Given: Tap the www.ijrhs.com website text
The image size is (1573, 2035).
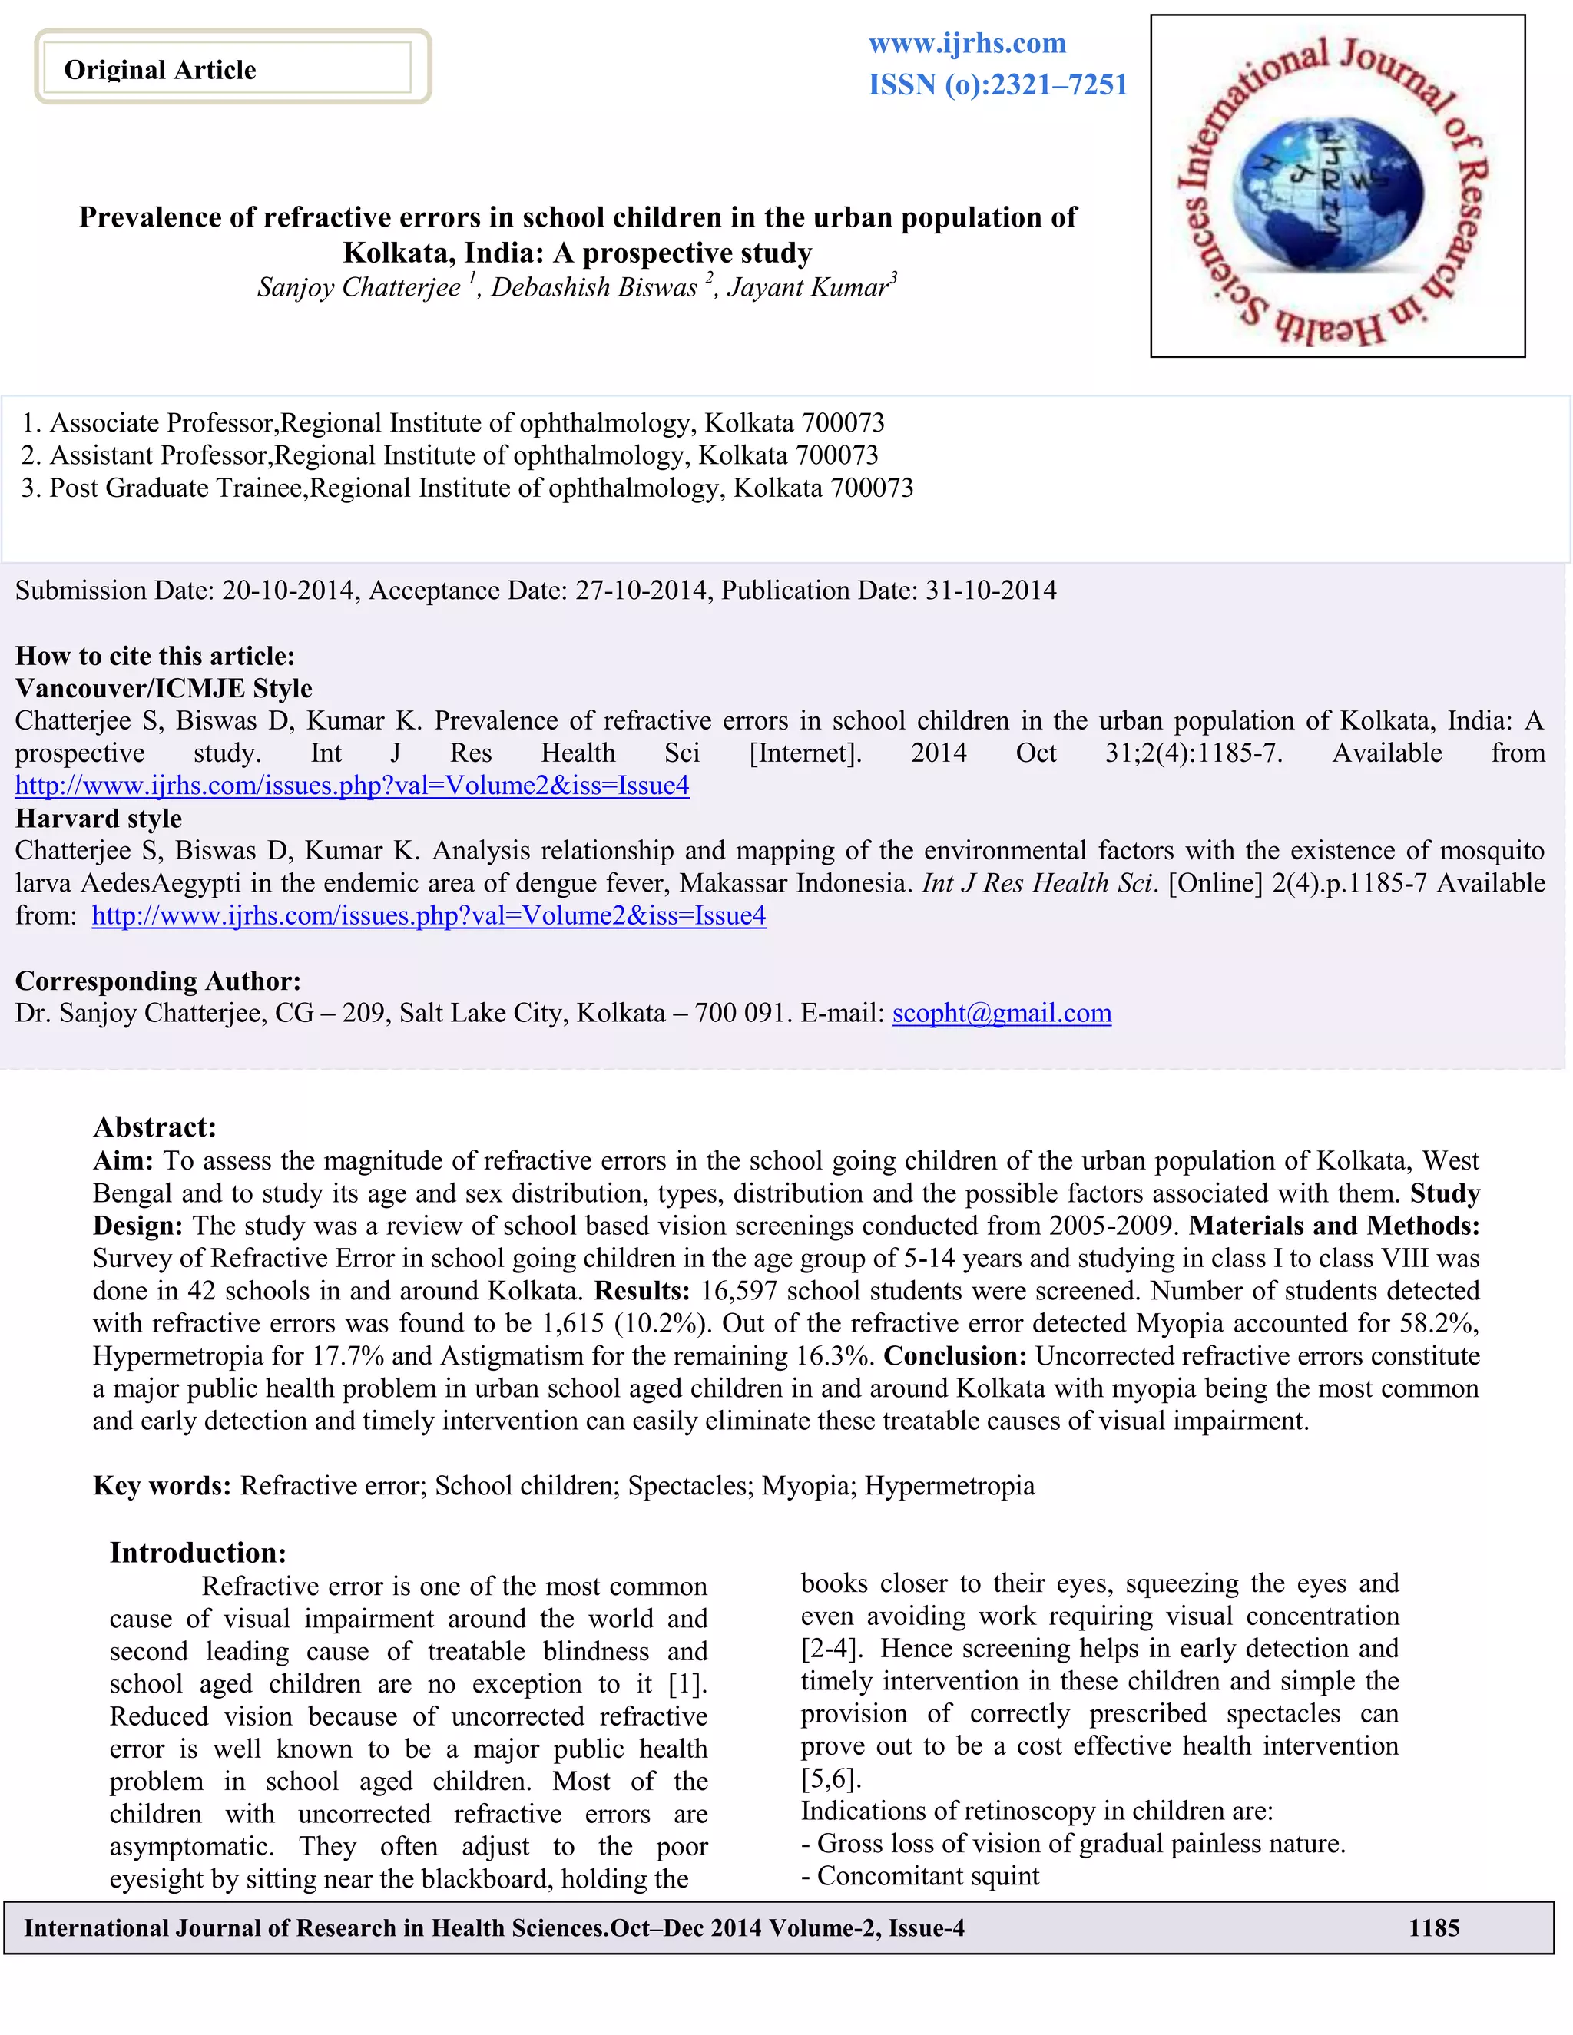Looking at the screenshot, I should coord(967,44).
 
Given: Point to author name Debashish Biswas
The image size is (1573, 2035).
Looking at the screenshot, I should coord(594,288).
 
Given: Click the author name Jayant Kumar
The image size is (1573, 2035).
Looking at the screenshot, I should coord(808,288).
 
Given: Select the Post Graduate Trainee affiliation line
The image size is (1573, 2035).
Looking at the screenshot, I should coord(467,488).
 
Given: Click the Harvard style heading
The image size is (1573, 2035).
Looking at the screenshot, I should coord(99,818).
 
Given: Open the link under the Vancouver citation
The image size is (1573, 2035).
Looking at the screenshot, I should coord(353,786).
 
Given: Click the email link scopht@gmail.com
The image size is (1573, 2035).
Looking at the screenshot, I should coord(1002,1013).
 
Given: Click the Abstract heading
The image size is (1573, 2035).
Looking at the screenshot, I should coord(154,1127).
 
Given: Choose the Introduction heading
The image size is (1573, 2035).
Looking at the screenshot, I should coord(198,1552).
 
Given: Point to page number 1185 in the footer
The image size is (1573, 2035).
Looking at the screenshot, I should coord(1433,1927).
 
